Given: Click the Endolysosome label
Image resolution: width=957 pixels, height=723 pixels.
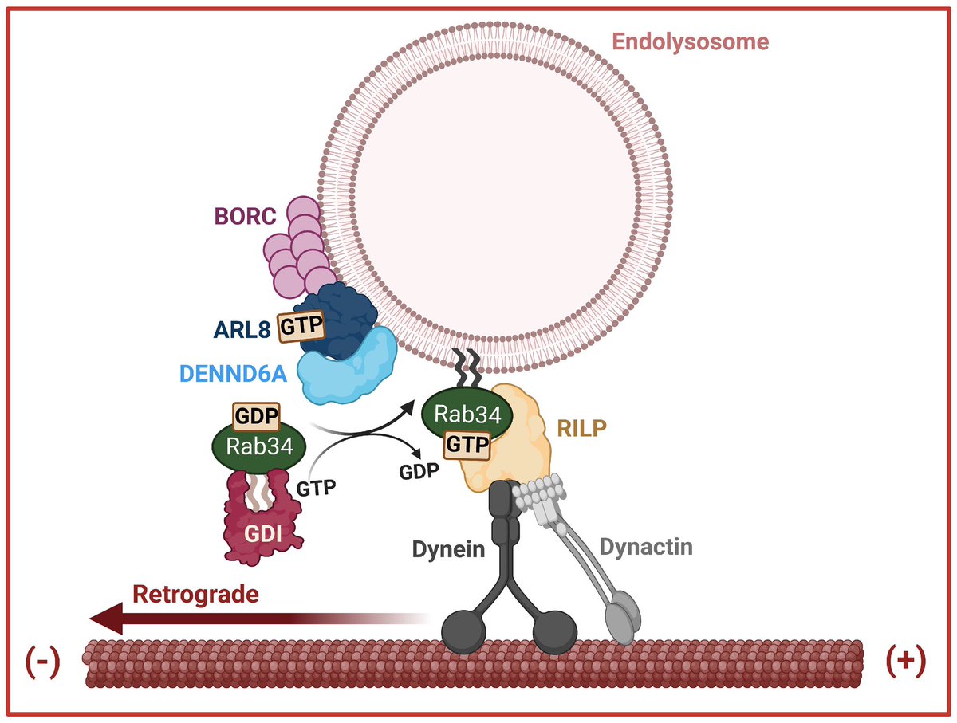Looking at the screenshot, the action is (690, 42).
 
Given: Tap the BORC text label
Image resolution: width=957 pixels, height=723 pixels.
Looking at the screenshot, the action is (245, 216).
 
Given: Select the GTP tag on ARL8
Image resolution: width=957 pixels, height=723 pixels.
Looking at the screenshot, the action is (301, 326).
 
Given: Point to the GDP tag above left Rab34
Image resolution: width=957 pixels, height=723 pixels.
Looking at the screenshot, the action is (256, 416).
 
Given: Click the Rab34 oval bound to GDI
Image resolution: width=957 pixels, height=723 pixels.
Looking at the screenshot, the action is (259, 446).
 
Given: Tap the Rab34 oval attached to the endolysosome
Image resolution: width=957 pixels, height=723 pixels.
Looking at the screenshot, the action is (467, 414).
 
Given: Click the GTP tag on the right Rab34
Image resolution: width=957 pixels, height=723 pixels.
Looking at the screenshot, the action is (467, 445).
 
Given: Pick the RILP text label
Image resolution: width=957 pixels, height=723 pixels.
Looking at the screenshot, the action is (581, 429).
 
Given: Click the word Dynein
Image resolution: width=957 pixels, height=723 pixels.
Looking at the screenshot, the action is (448, 549).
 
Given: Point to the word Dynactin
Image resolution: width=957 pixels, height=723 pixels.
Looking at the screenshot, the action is (646, 547).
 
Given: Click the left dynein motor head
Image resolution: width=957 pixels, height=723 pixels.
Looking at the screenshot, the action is (463, 631).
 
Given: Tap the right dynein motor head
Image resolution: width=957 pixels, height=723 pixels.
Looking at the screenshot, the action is (554, 632).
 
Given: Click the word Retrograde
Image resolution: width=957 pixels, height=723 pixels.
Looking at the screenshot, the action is (195, 595).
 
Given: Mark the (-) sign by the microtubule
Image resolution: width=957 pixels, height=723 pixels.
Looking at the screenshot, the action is (42, 662).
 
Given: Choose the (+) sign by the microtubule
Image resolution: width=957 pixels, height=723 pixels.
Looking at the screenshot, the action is (906, 661).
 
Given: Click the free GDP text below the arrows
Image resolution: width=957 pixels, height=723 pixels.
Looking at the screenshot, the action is (419, 472).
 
